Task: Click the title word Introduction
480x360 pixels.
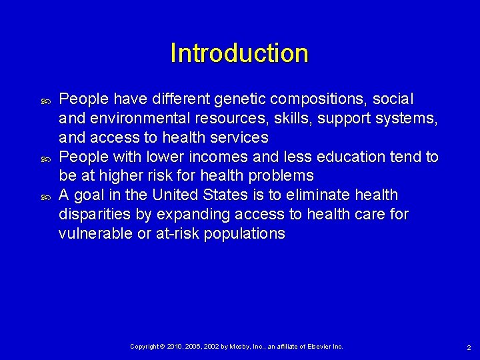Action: [239, 53]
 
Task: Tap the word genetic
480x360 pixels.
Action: [238, 100]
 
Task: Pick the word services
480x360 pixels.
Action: [238, 138]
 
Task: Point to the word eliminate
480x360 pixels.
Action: [329, 195]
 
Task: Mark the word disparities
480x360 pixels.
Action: [92, 215]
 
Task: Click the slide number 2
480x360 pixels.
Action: [469, 347]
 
